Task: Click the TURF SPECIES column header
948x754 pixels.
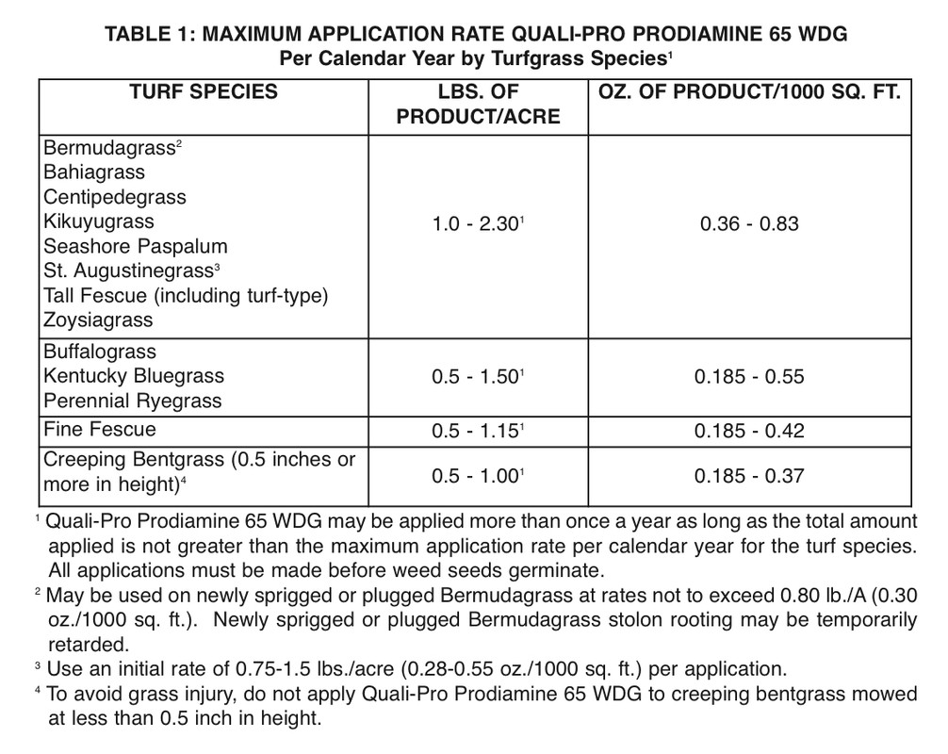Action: (x=204, y=92)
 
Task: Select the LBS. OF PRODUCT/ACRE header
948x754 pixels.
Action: (x=478, y=105)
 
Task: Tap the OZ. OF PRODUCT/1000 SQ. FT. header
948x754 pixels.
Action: (x=750, y=92)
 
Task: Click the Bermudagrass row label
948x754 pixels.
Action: (x=109, y=148)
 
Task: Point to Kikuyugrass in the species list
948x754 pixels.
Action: (x=98, y=221)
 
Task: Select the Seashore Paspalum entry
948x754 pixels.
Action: (x=136, y=246)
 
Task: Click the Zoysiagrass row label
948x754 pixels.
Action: (x=98, y=320)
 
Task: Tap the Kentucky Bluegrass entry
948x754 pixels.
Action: (x=134, y=376)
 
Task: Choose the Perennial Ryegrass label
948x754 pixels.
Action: (x=133, y=401)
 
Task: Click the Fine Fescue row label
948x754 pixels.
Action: (x=100, y=430)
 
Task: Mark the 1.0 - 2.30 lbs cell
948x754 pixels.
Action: (x=477, y=224)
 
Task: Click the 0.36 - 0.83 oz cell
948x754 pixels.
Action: (x=749, y=224)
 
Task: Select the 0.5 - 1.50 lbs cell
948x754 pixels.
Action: (x=477, y=377)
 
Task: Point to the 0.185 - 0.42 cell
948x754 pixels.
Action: (x=749, y=431)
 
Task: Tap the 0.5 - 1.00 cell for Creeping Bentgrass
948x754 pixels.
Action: (x=477, y=476)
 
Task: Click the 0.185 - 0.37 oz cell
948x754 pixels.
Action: (x=749, y=476)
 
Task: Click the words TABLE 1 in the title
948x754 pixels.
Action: (x=155, y=35)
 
